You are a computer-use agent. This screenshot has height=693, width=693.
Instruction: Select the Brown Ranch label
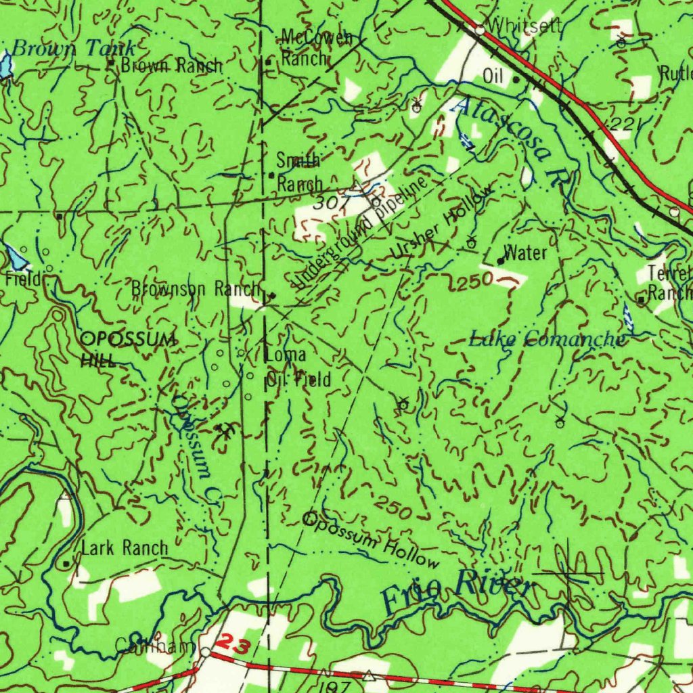pos(171,66)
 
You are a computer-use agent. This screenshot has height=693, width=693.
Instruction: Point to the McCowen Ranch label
pos(315,48)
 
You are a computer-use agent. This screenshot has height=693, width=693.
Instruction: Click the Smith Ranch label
pos(298,172)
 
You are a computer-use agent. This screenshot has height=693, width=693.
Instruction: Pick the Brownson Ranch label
pos(196,289)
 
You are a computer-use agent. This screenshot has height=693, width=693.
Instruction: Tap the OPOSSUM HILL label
pos(127,348)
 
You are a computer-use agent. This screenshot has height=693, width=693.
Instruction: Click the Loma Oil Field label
pos(298,367)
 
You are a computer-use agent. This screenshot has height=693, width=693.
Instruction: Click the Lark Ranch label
pos(125,548)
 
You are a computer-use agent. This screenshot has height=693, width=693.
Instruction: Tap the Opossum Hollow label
pos(371,540)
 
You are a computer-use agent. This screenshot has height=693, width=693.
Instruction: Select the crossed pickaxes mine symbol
pos(224,430)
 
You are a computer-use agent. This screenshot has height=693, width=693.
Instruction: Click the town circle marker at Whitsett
pos(480,30)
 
